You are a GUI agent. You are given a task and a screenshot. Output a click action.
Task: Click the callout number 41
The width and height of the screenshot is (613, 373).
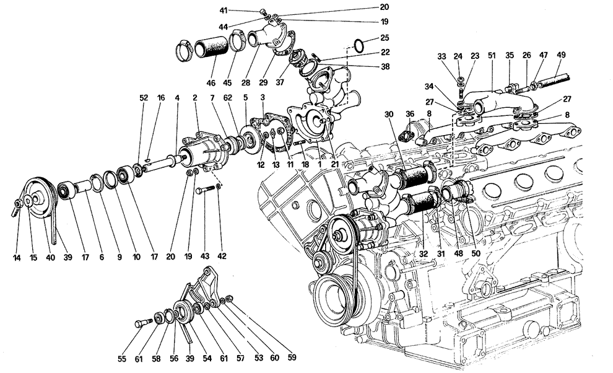(x=243, y=11)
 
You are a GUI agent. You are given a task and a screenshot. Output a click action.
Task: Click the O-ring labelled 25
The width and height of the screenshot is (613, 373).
(x=360, y=45)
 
